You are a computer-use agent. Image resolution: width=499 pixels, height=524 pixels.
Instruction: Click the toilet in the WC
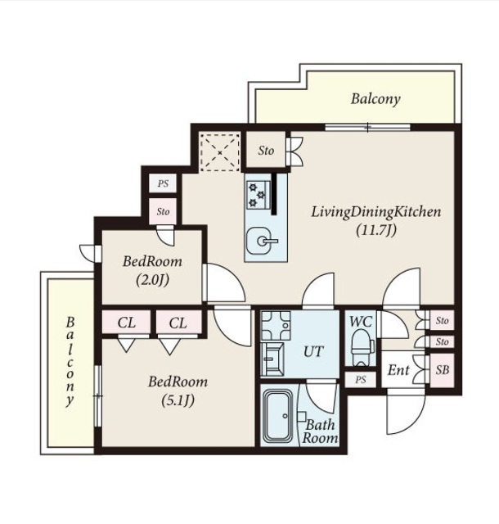(x=362, y=347)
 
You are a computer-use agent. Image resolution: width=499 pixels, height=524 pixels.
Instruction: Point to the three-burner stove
(x=258, y=195)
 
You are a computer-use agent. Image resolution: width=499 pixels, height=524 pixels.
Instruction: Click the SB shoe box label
(x=443, y=370)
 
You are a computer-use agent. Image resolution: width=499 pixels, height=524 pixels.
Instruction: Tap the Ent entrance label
(x=398, y=370)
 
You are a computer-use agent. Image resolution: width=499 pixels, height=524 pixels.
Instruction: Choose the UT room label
(x=313, y=351)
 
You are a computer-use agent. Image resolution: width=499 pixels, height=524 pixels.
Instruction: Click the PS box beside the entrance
(x=360, y=380)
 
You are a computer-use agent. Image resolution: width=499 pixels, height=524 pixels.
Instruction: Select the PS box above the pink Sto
(x=163, y=183)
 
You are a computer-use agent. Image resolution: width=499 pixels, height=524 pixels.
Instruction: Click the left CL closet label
(x=127, y=323)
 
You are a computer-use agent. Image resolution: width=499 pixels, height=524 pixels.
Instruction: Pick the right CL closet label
(x=178, y=323)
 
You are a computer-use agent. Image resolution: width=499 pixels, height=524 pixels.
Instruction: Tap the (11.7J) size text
(x=376, y=230)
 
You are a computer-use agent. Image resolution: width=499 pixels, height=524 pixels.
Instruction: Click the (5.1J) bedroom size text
(x=178, y=400)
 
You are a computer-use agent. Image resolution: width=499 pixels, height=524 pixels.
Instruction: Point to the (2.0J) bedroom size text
(x=152, y=280)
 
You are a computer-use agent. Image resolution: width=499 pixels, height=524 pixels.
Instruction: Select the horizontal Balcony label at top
(x=375, y=99)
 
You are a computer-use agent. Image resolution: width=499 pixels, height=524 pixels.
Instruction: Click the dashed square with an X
(x=220, y=152)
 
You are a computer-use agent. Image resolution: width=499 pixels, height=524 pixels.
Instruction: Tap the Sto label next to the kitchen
(x=266, y=151)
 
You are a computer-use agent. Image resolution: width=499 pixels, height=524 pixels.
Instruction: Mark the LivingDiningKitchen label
(x=376, y=212)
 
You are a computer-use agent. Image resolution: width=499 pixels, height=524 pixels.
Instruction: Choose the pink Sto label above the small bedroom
(x=163, y=211)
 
